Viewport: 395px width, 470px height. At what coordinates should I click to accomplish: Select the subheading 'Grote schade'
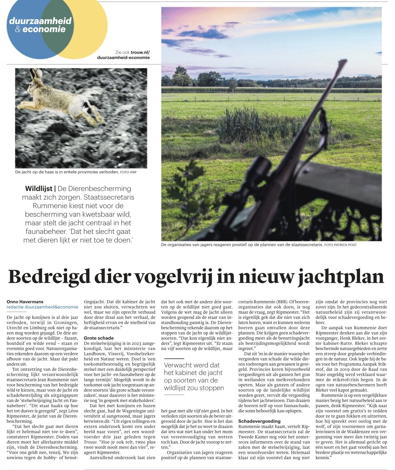pyautogui.click(x=95, y=338)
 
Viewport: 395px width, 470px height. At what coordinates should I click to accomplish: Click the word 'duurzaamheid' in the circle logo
pyautogui.click(x=40, y=21)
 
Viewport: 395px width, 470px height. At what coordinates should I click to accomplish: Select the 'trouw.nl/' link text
pyautogui.click(x=140, y=52)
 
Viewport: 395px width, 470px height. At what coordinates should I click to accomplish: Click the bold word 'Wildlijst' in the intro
pyautogui.click(x=39, y=189)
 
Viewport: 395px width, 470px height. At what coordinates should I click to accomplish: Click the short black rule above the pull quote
pyautogui.click(x=174, y=359)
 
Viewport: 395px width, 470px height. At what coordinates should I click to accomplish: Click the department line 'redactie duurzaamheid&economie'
pyautogui.click(x=42, y=307)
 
